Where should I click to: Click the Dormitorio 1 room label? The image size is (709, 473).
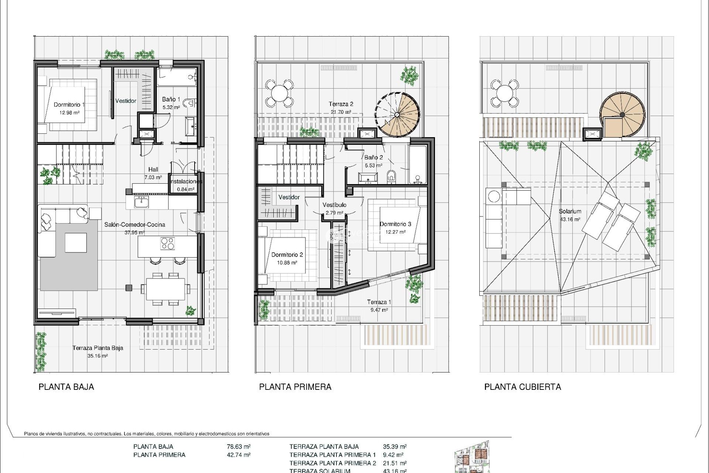point(69,105)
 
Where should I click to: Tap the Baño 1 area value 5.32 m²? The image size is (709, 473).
point(171,108)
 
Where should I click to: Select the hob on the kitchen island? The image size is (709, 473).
point(168,244)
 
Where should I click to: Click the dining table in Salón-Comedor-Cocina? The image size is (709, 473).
point(165,289)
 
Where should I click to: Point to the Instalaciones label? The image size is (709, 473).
point(186,181)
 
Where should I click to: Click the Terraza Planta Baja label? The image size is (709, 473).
point(97,348)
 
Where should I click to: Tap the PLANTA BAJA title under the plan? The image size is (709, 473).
point(66,387)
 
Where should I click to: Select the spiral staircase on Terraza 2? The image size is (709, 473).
point(398,114)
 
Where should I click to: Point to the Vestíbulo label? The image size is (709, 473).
point(334,205)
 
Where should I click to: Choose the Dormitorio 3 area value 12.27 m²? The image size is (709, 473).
point(395,232)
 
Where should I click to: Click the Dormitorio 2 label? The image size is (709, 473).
point(287,255)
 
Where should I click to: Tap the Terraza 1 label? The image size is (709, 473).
point(379,302)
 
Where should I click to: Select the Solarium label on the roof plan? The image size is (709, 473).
point(570,211)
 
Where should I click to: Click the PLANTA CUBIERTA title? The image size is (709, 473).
point(522,387)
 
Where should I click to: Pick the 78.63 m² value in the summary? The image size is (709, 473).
point(239,446)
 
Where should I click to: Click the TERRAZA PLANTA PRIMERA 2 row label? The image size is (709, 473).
point(332,463)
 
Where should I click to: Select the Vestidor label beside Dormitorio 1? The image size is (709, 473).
point(126,101)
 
